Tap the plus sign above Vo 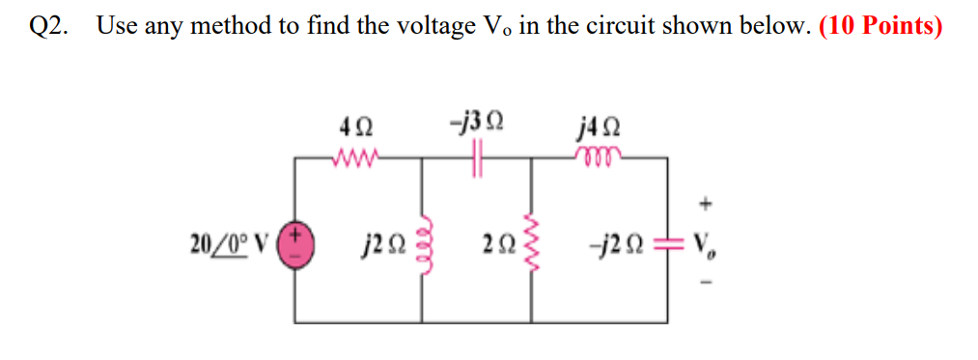tap(709, 205)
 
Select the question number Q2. tap(48, 27)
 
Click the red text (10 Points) tap(880, 26)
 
